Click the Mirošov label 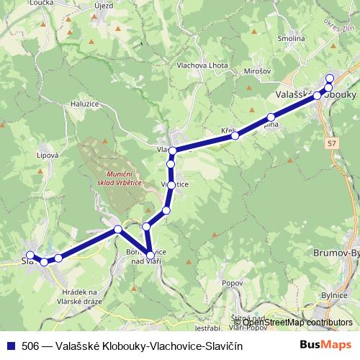(x=257, y=72)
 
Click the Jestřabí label (x=207, y=328)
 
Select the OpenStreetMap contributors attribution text (x=294, y=323)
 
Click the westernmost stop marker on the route (x=30, y=255)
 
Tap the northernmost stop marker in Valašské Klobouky (x=330, y=78)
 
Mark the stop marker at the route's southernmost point (x=150, y=254)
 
